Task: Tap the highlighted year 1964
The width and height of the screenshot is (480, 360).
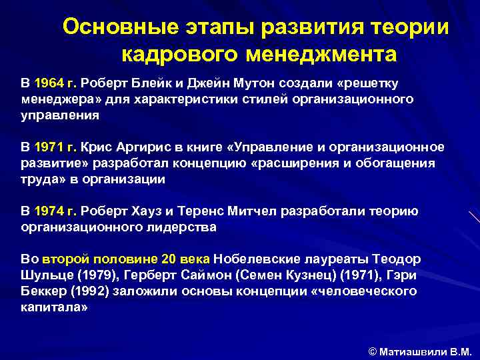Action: pos(49,83)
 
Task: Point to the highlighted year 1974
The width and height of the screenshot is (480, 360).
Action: pos(49,211)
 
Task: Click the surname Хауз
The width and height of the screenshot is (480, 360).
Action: pos(146,211)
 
